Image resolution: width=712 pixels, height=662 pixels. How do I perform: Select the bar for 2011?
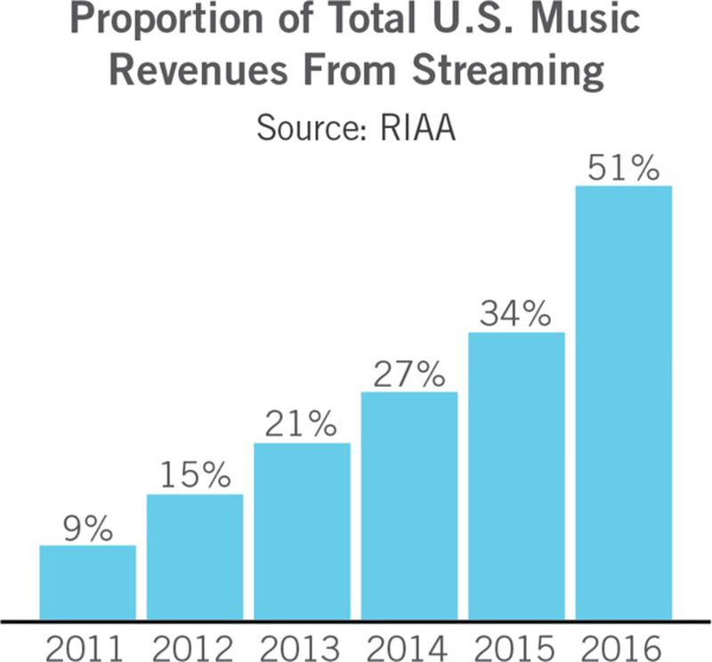coord(88,583)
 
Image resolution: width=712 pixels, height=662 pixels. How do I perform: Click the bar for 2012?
coord(195,557)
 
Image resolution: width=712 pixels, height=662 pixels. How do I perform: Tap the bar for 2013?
coord(302,531)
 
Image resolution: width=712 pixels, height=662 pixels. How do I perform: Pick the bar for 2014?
coord(409,505)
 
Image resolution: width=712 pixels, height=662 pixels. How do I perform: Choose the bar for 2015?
coord(516,476)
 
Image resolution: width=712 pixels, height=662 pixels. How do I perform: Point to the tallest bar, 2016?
coord(623,403)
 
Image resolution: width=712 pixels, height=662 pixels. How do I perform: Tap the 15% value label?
coord(195,476)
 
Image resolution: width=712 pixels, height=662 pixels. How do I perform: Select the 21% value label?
coord(302,424)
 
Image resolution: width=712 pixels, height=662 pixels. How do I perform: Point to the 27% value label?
coord(409,374)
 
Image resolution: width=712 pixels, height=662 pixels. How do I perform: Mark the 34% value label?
coord(516,314)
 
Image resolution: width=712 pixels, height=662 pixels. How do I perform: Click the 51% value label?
coord(623,167)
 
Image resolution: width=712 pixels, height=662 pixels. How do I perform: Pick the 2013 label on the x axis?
coord(302,643)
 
